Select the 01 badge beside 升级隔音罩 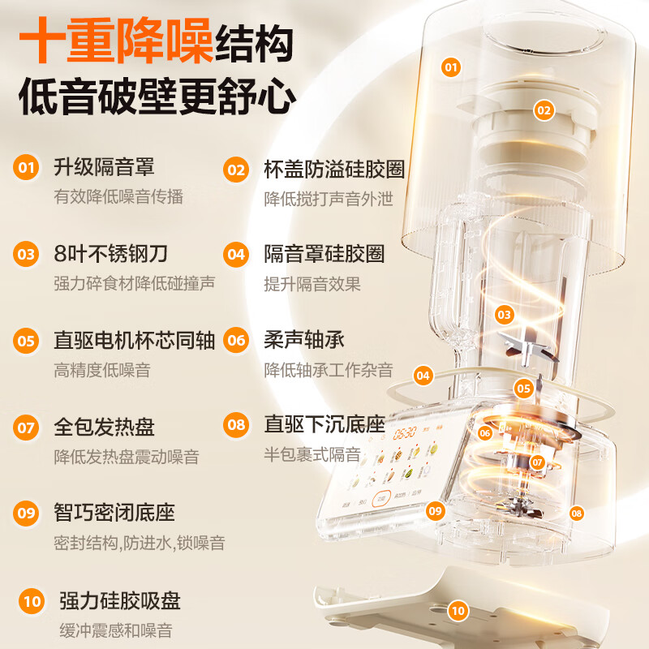27,168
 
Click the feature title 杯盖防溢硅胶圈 334,169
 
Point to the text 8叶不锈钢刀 110,254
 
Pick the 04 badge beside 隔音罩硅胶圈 236,254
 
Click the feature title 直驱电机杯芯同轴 135,340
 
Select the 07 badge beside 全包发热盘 27,426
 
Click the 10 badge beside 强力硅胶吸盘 32,601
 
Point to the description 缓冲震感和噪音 115,630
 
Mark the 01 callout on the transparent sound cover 451,67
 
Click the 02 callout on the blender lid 543,110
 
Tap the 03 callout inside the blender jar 505,314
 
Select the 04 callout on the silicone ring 423,376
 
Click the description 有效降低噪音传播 118,197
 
